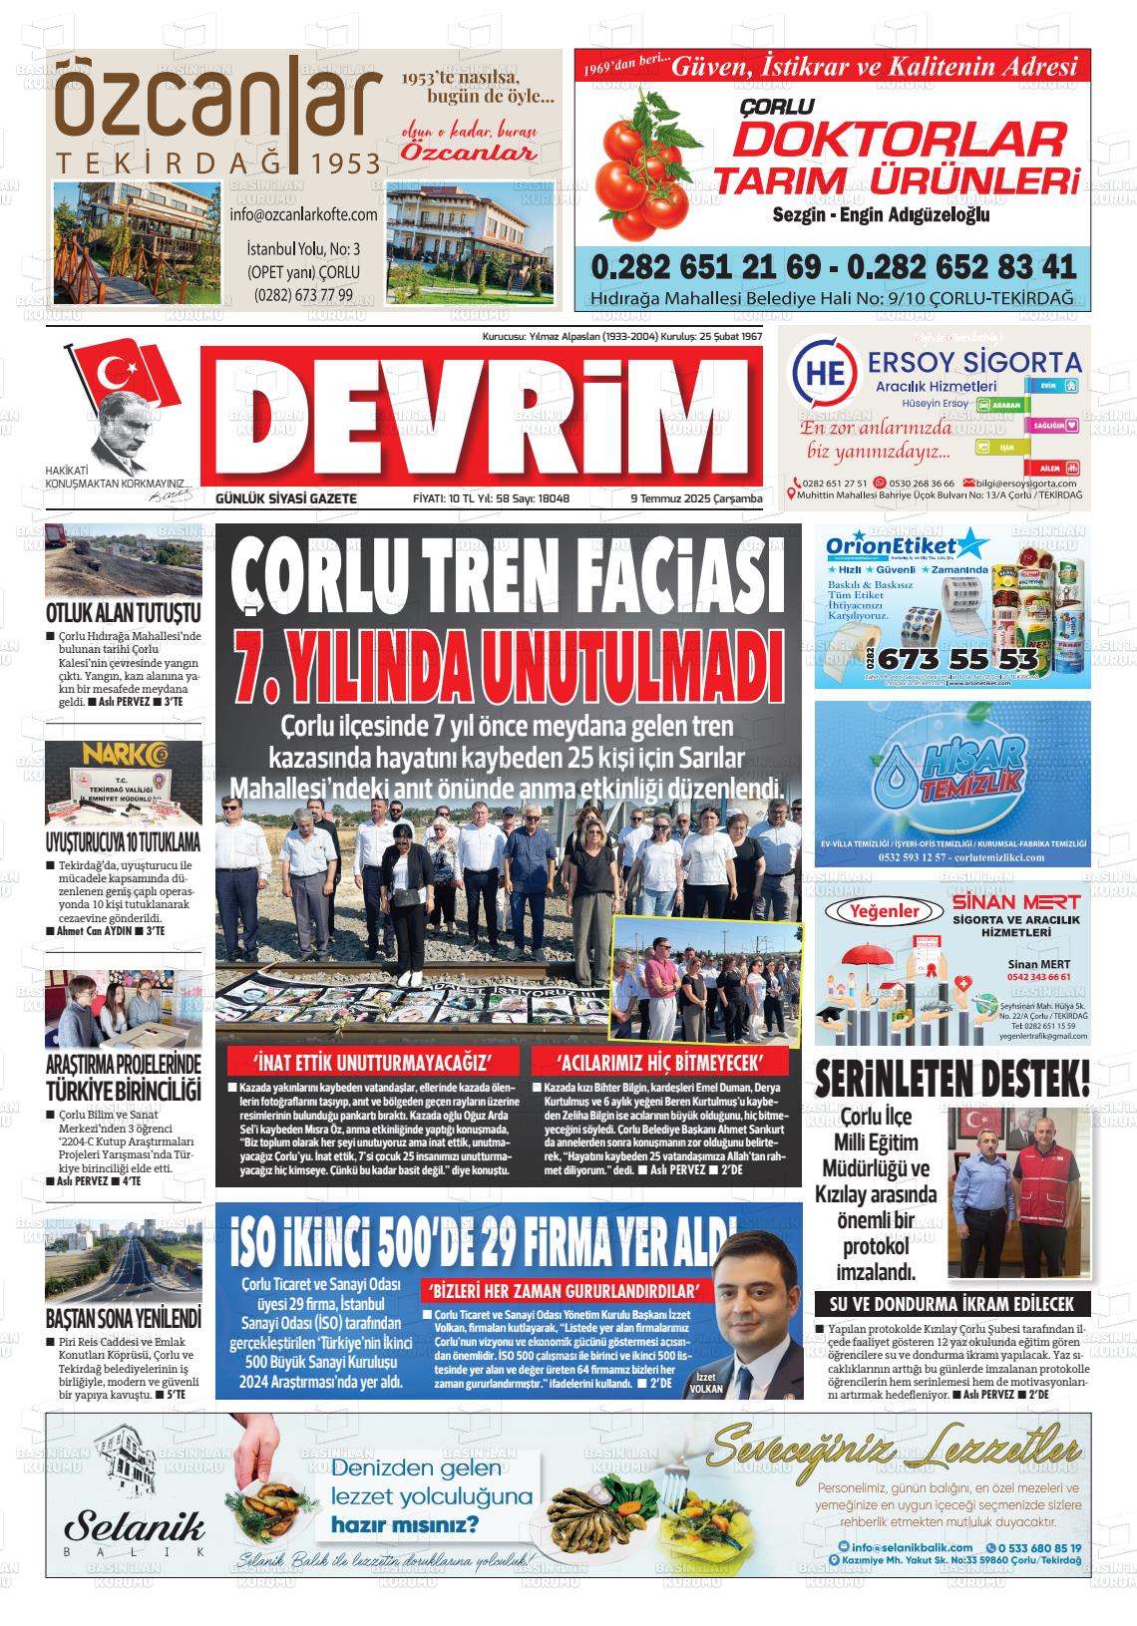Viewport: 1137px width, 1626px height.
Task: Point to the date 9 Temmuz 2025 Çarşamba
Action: click(695, 498)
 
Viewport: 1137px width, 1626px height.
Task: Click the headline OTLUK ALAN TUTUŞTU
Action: click(123, 612)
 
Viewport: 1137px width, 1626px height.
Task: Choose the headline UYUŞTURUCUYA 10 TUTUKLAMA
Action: click(123, 840)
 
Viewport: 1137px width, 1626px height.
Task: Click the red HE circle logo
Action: click(823, 372)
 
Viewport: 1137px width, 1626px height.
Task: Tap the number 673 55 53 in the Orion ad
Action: click(958, 660)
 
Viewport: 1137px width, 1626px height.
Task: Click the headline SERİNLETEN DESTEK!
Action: click(951, 1079)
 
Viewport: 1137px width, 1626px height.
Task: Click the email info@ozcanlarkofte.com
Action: click(303, 214)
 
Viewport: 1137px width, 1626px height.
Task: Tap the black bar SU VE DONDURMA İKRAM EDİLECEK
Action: click(951, 1303)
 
